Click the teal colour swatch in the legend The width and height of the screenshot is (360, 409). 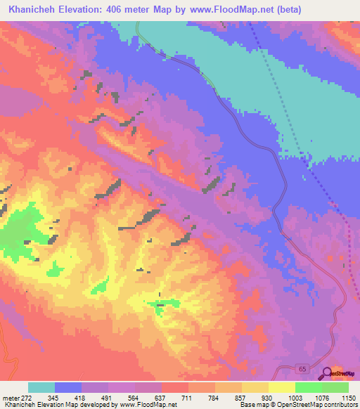pos(41,387)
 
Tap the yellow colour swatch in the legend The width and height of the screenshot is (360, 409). pos(282,387)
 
